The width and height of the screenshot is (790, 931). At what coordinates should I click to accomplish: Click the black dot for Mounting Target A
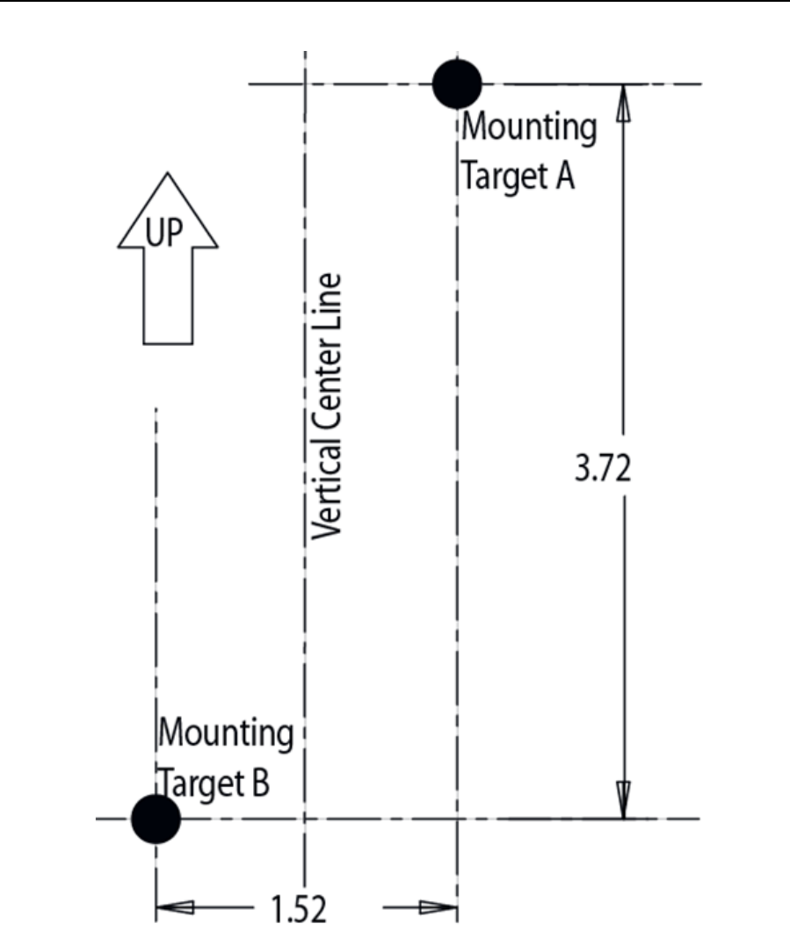click(457, 83)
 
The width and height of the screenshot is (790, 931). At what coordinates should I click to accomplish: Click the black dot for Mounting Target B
click(156, 819)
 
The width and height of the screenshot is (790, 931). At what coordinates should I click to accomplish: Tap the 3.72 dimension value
click(603, 469)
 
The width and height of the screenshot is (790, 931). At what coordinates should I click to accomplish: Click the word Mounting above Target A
click(529, 129)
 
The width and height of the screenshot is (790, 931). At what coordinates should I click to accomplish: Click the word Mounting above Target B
click(226, 733)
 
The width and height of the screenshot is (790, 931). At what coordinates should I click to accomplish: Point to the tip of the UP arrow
click(167, 174)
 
